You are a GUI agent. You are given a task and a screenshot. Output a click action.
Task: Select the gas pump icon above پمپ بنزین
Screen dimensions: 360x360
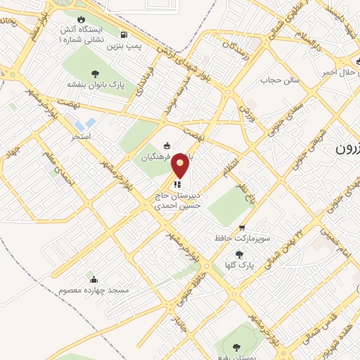point(124,34)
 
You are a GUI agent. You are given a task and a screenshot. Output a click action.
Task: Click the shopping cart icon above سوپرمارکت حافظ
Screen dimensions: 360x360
point(242,227)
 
